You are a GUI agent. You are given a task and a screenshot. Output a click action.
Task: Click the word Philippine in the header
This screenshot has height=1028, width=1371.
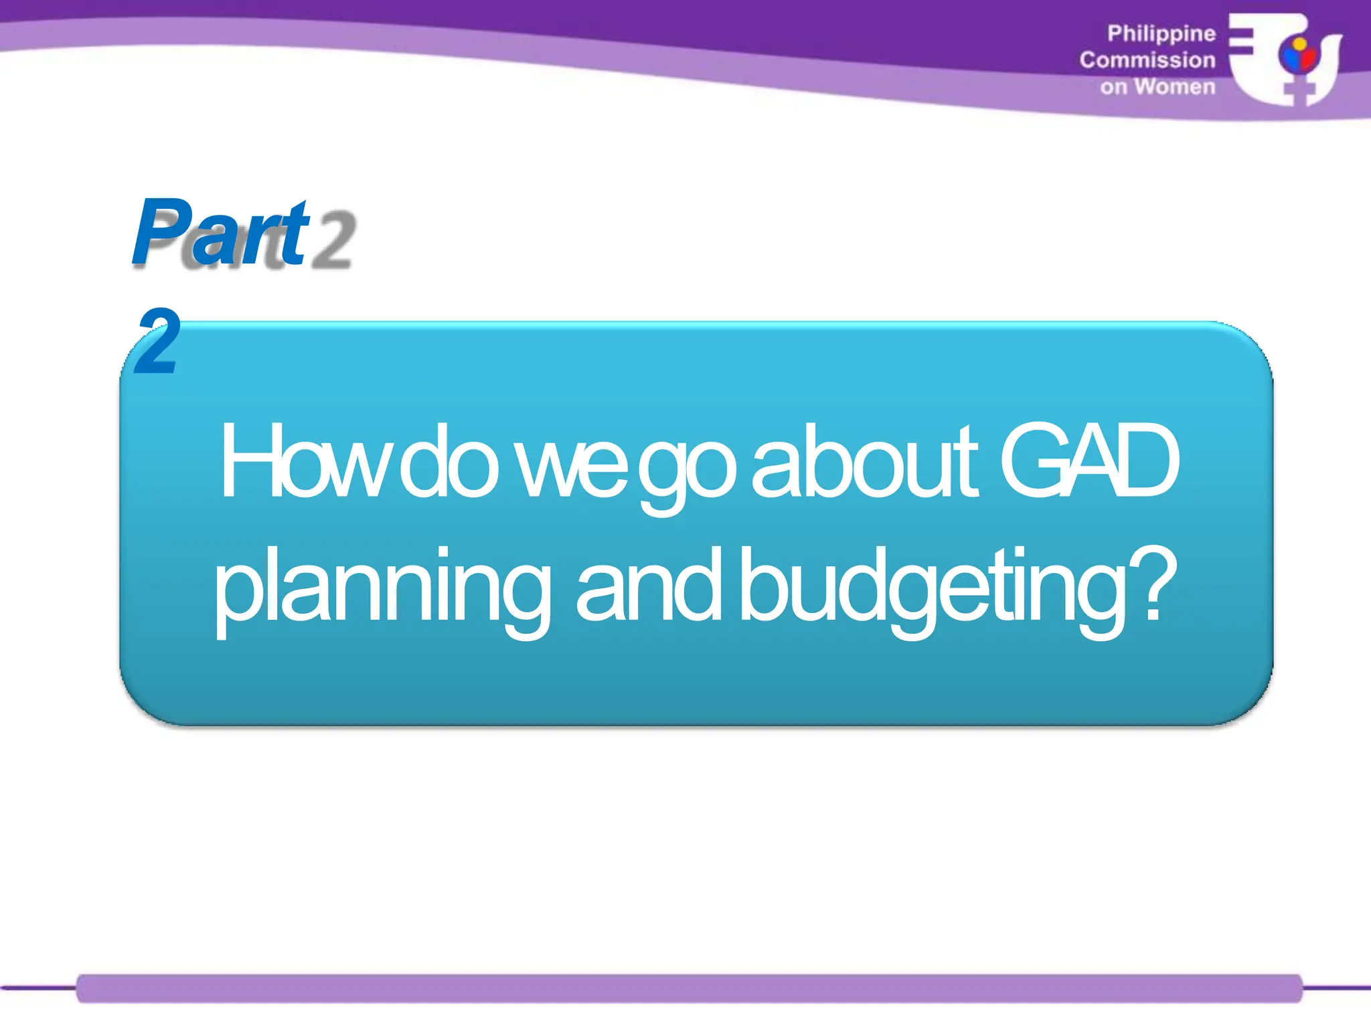1161,33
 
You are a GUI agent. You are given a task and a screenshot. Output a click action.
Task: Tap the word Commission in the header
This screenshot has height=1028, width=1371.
1147,60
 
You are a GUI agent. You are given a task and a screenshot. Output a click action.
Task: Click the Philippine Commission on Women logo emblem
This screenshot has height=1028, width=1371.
1285,59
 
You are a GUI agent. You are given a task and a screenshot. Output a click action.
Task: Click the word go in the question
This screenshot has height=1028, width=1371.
686,468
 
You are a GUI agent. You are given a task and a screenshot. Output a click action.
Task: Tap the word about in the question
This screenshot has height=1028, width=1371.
864,462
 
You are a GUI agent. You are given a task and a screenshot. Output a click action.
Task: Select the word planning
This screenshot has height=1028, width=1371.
382,589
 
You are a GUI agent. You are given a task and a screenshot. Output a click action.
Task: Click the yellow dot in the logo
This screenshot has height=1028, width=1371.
1299,46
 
